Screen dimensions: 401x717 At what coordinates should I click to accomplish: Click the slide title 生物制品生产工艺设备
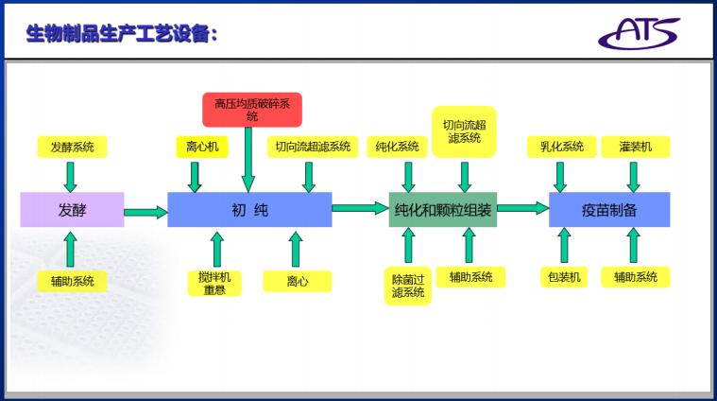point(122,34)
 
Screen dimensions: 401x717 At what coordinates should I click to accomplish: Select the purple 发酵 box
point(72,210)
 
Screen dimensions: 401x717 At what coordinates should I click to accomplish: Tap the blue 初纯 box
point(249,210)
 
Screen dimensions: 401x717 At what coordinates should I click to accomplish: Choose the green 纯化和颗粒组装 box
point(443,210)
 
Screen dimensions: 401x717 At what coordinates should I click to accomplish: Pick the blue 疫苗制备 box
point(609,210)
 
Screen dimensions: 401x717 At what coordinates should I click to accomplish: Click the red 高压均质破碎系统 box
point(251,109)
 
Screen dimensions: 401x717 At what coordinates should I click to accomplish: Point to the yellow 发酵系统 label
point(73,147)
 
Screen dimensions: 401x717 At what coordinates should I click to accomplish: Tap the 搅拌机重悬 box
point(213,283)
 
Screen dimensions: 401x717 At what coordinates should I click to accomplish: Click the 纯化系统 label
point(397,147)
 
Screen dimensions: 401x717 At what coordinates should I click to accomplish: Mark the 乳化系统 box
point(561,147)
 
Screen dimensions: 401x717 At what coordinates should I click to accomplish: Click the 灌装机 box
point(635,147)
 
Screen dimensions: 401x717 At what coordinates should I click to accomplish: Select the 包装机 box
point(564,277)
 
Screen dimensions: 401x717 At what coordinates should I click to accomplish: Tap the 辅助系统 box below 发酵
point(73,281)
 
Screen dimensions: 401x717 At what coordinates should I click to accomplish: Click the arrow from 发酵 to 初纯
point(145,212)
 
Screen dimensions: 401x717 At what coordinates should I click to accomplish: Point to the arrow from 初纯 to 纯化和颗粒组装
point(360,208)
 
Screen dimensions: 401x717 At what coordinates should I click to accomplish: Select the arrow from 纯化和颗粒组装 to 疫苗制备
point(522,208)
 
